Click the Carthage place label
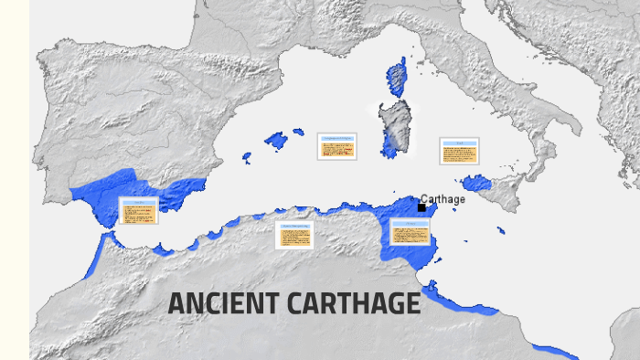click(443, 199)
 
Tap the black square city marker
click(421, 207)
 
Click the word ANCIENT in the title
click(222, 304)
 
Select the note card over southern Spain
click(139, 211)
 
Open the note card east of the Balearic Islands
click(336, 146)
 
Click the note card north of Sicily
click(459, 150)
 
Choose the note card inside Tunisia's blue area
click(410, 232)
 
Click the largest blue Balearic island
click(276, 142)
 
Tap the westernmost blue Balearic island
click(246, 158)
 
